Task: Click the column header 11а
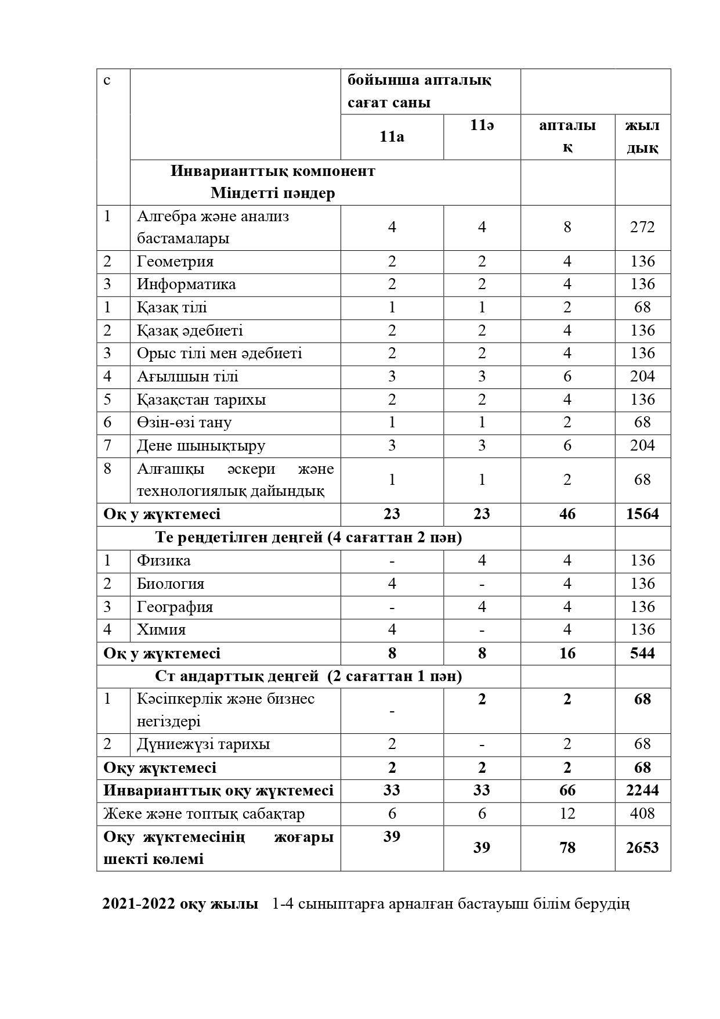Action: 392,136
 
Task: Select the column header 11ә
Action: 482,125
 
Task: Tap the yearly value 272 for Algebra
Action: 642,227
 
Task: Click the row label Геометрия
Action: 175,261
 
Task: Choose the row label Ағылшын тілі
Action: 187,376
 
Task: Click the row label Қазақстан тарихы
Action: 201,399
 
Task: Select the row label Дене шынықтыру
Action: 201,445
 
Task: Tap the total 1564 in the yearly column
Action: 642,514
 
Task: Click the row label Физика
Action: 164,560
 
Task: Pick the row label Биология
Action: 171,584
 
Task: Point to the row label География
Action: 175,607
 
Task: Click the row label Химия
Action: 161,629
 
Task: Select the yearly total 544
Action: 642,653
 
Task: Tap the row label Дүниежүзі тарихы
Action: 203,744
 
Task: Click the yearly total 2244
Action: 642,790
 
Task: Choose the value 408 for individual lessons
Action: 642,813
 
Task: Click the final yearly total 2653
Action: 642,848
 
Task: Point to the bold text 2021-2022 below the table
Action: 138,904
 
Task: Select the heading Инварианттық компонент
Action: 273,171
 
